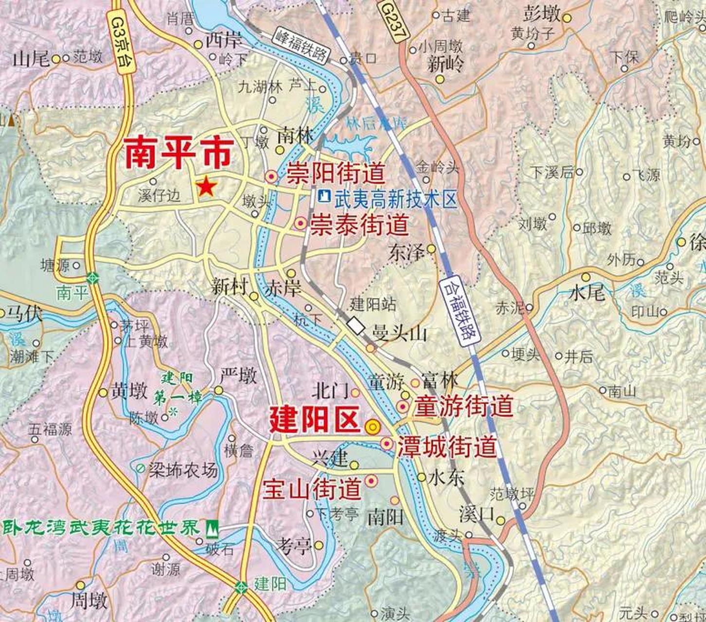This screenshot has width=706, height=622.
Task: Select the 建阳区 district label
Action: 315,420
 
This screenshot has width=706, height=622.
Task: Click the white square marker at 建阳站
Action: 357,326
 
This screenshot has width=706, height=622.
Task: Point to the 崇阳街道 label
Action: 336,174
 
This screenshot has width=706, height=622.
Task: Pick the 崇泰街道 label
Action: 359,224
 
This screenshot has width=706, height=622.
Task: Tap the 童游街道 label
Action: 464,406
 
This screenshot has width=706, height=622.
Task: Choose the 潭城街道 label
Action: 447,447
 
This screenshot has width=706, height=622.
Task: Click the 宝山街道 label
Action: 312,488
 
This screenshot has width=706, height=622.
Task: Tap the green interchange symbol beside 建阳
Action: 241,587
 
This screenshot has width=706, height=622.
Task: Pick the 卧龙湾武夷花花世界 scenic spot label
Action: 102,528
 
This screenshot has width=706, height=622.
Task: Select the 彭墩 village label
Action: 542,15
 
